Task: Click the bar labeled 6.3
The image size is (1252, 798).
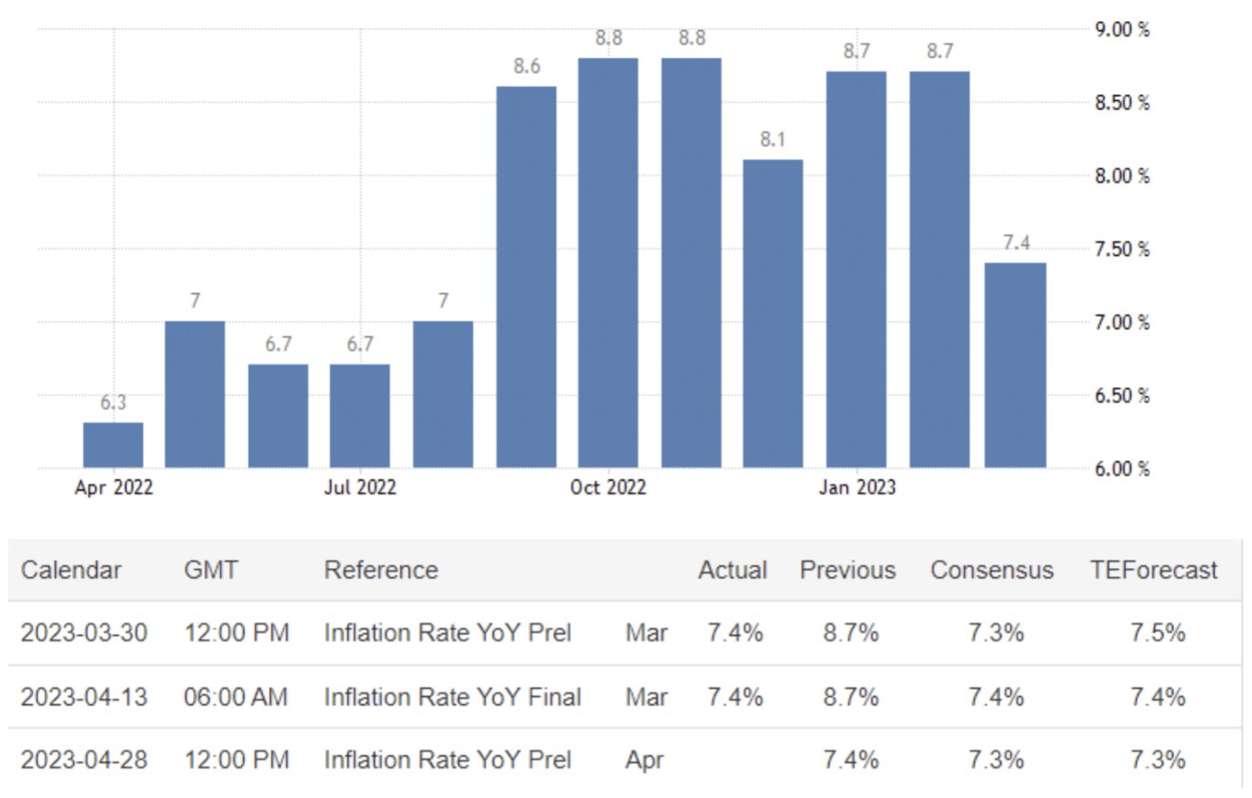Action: pyautogui.click(x=112, y=446)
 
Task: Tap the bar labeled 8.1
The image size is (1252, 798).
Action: pyautogui.click(x=773, y=314)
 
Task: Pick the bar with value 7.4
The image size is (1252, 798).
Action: pyautogui.click(x=1015, y=365)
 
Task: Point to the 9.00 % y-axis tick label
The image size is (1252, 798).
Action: pyautogui.click(x=1122, y=29)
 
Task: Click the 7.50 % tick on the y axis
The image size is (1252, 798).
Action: pyautogui.click(x=1122, y=249)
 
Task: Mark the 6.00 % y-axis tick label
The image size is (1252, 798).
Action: pyautogui.click(x=1122, y=469)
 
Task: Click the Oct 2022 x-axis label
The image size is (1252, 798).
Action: pyautogui.click(x=608, y=488)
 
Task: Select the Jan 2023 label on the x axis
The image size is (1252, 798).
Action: pyautogui.click(x=857, y=488)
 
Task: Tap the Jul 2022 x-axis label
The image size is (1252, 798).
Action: pyautogui.click(x=360, y=488)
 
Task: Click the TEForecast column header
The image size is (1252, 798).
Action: pyautogui.click(x=1153, y=571)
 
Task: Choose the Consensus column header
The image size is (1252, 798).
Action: pyautogui.click(x=992, y=571)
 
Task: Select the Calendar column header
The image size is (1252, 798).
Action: pyautogui.click(x=71, y=571)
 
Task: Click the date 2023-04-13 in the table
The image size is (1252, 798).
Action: pyautogui.click(x=84, y=698)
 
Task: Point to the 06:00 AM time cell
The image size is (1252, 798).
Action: pyautogui.click(x=236, y=698)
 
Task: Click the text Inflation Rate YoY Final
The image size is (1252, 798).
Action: pyautogui.click(x=452, y=698)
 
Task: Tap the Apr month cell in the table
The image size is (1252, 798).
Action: pyautogui.click(x=645, y=760)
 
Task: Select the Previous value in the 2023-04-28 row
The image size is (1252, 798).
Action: pyautogui.click(x=850, y=760)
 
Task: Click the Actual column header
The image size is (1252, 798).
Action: pyautogui.click(x=732, y=571)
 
